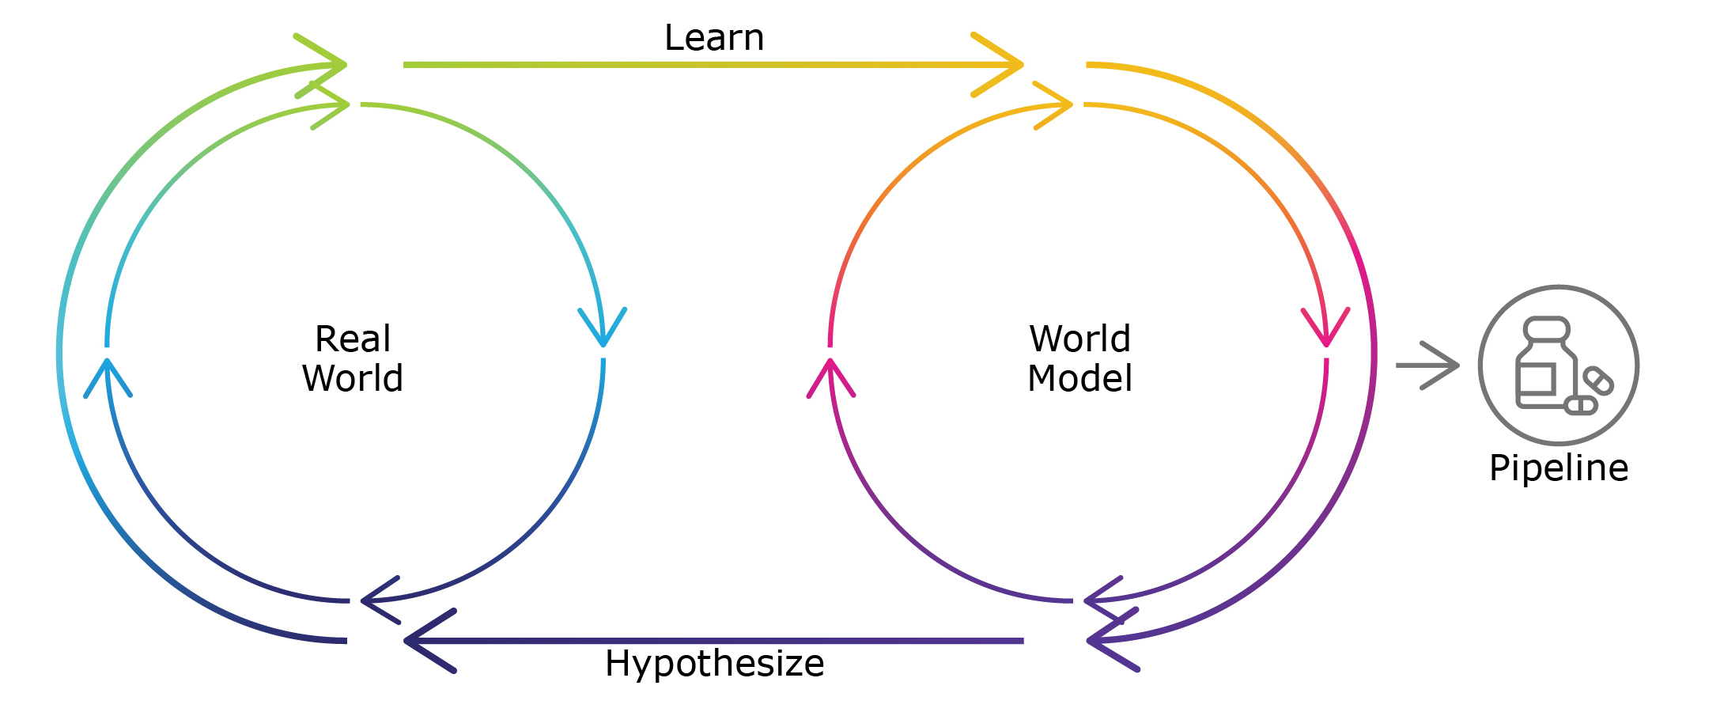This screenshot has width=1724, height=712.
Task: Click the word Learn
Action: tap(714, 38)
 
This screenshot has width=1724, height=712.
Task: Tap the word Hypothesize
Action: tap(714, 663)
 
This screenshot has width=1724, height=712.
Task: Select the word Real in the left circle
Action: tap(353, 339)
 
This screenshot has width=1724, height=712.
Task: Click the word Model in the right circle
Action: tap(1079, 378)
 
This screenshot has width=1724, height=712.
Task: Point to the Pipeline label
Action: tap(1558, 468)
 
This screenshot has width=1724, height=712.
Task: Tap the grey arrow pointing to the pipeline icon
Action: tap(1428, 365)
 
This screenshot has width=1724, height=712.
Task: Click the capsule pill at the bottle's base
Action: tap(1581, 406)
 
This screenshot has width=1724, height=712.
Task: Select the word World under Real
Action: tap(353, 378)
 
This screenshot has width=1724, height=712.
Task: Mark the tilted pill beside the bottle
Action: tap(1598, 381)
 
